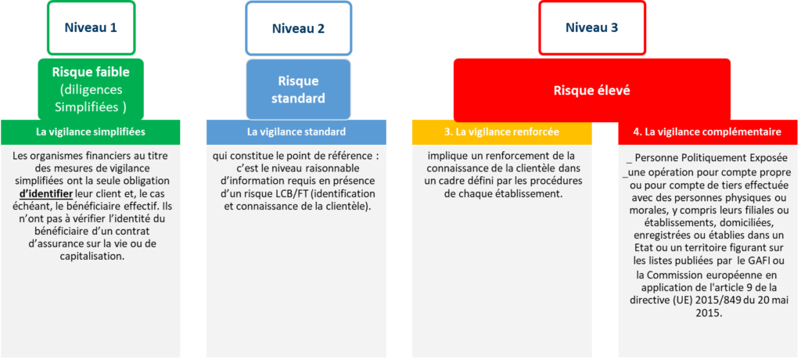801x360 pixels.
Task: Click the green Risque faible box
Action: pos(91,89)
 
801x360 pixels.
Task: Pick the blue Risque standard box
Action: pos(298,89)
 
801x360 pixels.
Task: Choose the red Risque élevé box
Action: pos(591,91)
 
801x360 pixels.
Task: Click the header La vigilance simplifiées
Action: pos(91,132)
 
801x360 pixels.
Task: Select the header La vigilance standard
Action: pos(296,132)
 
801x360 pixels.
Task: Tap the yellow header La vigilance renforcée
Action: pos(501,132)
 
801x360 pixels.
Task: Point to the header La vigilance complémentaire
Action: pos(707,132)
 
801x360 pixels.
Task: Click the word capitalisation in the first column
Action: pos(91,257)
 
